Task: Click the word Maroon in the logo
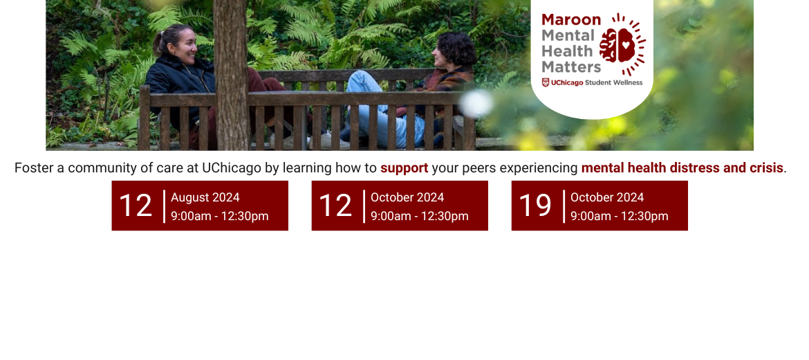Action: click(x=571, y=19)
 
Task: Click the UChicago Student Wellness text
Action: click(x=592, y=82)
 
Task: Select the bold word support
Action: click(x=404, y=168)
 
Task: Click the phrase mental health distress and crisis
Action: click(x=682, y=168)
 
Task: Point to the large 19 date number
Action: click(x=534, y=206)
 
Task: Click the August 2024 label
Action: click(x=205, y=197)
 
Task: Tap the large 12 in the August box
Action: click(x=136, y=206)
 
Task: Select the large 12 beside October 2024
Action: click(x=335, y=206)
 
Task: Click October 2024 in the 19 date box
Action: click(x=606, y=197)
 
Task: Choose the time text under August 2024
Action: click(x=219, y=216)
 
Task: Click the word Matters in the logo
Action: click(x=571, y=67)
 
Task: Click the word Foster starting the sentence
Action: click(x=34, y=168)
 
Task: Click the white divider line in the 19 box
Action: click(x=564, y=206)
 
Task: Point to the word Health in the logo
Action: click(x=567, y=51)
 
